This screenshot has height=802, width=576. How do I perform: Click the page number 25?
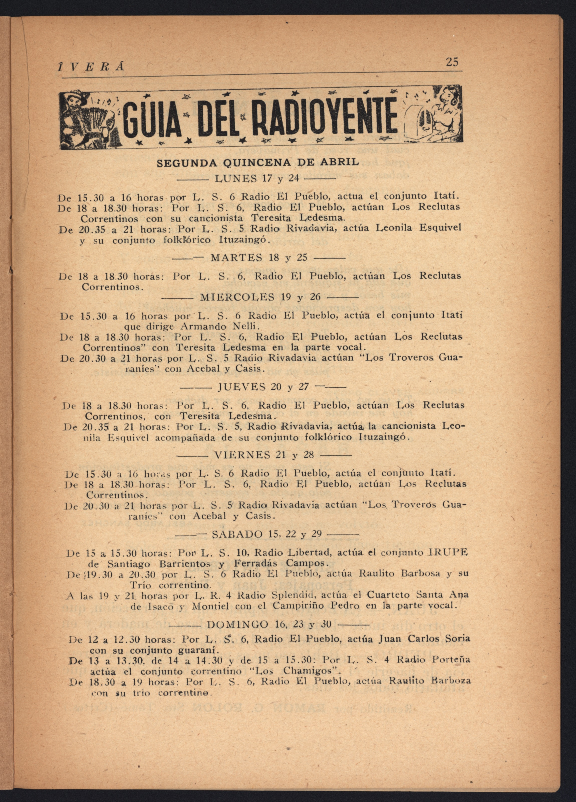[452, 62]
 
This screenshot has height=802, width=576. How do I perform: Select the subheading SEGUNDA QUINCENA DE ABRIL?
[258, 163]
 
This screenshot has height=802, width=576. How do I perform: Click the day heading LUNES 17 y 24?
[257, 179]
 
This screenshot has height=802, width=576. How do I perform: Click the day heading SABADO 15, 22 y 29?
[266, 534]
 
